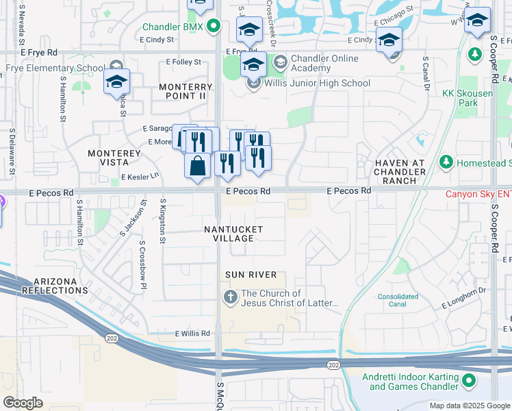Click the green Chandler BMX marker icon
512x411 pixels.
click(214, 27)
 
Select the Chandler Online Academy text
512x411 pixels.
click(325, 64)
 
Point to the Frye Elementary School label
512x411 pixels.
click(55, 69)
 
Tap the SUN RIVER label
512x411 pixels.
click(251, 275)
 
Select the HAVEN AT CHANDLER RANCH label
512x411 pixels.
click(400, 171)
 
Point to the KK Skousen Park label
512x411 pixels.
click(468, 97)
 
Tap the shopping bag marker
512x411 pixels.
click(197, 165)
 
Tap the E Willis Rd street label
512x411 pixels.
click(192, 334)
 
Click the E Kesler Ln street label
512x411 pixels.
click(140, 177)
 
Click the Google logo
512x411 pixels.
click(23, 403)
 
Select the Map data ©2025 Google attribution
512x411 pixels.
click(469, 406)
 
